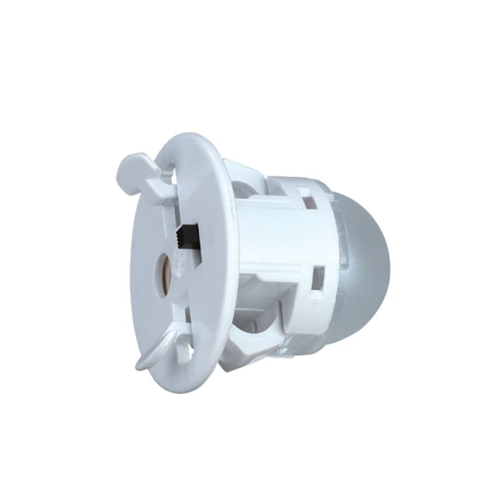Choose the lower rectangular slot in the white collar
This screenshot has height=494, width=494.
point(318,277)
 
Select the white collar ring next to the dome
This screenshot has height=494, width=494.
point(318,240)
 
